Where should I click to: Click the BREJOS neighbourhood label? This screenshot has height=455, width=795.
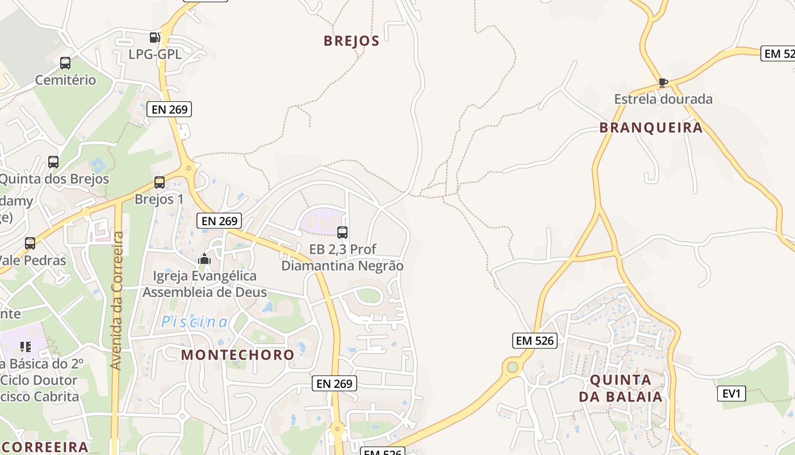(x=351, y=41)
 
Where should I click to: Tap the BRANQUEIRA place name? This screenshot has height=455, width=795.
(x=651, y=127)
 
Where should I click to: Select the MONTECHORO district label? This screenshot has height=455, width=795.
(x=238, y=355)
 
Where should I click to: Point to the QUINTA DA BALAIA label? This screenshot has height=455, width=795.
(x=621, y=388)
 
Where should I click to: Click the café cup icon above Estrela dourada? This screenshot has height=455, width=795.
(x=663, y=82)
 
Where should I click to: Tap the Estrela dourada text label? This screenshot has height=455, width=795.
(x=663, y=99)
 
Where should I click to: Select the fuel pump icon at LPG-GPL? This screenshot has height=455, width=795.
(x=154, y=38)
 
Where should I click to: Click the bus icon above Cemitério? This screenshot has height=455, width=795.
(x=65, y=63)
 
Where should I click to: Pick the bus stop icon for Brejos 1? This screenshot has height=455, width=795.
(x=160, y=183)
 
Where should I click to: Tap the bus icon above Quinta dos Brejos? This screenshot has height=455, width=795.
(x=53, y=162)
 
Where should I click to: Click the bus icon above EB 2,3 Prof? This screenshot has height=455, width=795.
(x=342, y=232)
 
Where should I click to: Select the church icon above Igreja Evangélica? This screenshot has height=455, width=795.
(x=204, y=259)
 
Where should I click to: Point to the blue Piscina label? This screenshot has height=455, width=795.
(x=195, y=322)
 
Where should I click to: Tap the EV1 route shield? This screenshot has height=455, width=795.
(x=731, y=394)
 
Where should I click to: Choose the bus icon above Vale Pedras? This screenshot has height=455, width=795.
(x=30, y=243)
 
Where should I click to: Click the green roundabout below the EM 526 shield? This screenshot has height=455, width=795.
(x=513, y=367)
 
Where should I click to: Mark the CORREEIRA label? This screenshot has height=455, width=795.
(x=45, y=446)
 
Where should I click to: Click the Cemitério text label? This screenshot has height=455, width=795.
(x=65, y=80)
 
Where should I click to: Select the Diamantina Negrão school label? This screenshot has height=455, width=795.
(x=342, y=266)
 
